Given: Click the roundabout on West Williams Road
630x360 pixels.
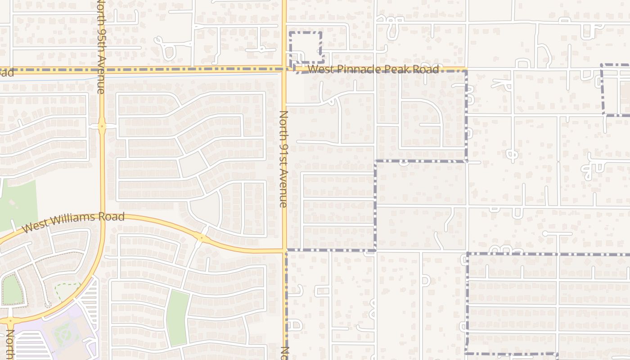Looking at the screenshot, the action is click(x=201, y=238).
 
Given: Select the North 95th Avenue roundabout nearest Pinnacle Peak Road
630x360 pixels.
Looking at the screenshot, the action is click(x=102, y=126).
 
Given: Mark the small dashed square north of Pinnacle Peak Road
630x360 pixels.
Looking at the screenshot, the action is click(x=306, y=47).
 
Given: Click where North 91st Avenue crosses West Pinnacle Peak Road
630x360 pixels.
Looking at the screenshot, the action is click(x=284, y=69).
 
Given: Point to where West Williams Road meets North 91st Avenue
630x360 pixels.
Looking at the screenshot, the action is click(x=284, y=249).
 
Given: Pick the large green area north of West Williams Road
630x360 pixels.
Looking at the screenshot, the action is click(x=18, y=205).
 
